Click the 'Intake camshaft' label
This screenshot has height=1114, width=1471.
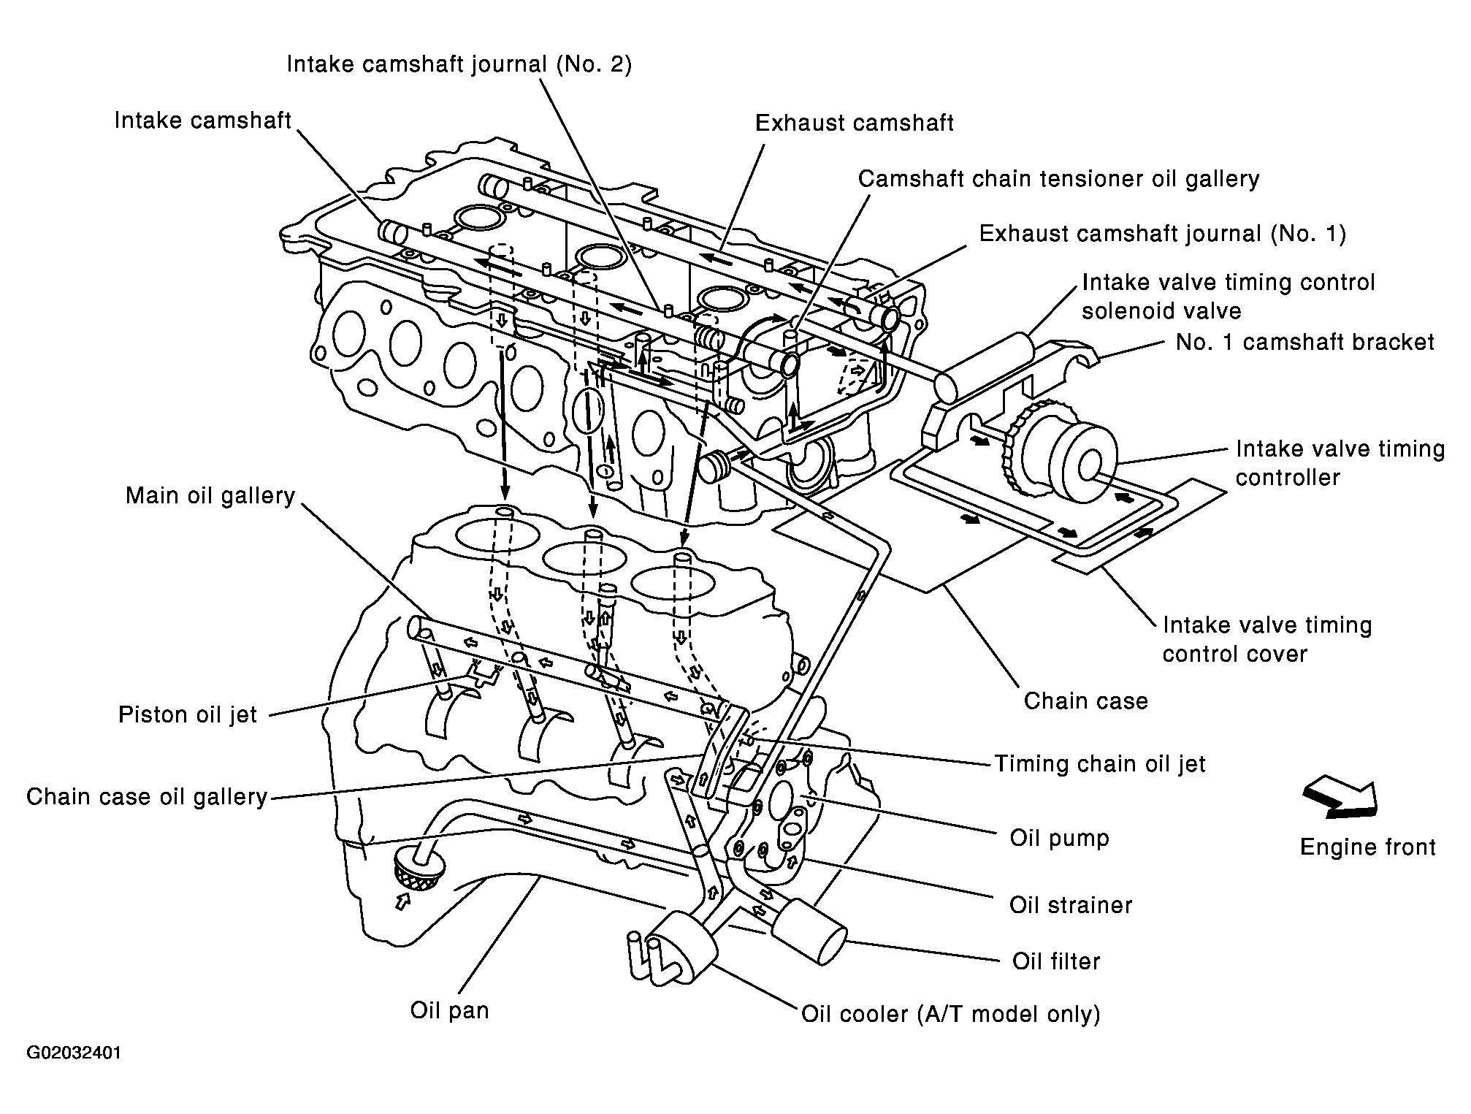pyautogui.click(x=202, y=121)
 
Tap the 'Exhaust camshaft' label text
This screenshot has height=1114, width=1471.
pyautogui.click(x=855, y=123)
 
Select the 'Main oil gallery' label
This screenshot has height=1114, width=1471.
pyautogui.click(x=210, y=496)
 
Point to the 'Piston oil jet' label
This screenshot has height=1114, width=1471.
pyautogui.click(x=188, y=714)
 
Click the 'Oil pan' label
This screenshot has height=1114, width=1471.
pyautogui.click(x=449, y=1011)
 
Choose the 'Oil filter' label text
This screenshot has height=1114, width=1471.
pyautogui.click(x=1056, y=961)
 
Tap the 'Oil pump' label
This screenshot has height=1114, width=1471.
pyautogui.click(x=1059, y=838)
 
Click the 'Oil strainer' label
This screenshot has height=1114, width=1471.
pyautogui.click(x=1071, y=905)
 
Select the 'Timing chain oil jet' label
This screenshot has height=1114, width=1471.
pyautogui.click(x=1100, y=764)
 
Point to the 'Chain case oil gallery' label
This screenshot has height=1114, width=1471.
pyautogui.click(x=147, y=796)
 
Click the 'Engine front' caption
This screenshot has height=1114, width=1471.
pyautogui.click(x=1368, y=847)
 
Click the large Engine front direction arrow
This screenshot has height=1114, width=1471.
pyautogui.click(x=1340, y=798)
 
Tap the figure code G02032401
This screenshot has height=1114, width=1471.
pyautogui.click(x=74, y=1053)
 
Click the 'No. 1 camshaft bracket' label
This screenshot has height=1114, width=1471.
pyautogui.click(x=1305, y=342)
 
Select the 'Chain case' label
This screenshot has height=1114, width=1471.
pyautogui.click(x=1085, y=701)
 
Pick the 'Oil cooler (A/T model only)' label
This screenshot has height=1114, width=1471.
pyautogui.click(x=951, y=1015)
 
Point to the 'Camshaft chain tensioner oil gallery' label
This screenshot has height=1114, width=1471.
pyautogui.click(x=1058, y=179)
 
